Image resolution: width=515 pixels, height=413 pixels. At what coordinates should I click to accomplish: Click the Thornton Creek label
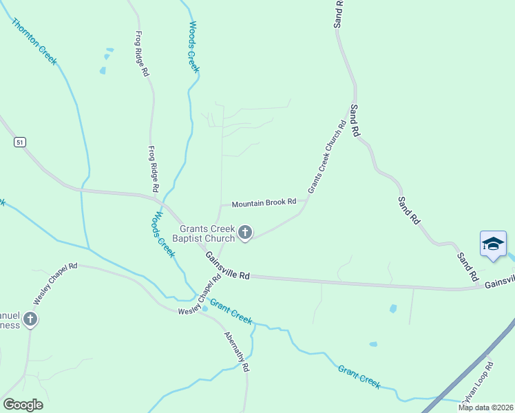34,41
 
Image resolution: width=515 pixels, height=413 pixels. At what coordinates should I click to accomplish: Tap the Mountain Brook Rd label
264,203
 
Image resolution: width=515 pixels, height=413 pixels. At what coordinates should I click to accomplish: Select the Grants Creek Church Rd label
326,157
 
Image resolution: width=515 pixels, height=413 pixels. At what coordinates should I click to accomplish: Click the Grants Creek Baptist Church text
207,234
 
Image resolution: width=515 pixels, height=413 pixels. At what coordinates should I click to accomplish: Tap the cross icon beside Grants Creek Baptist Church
244,234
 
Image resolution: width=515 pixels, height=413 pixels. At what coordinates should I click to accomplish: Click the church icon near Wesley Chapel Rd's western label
30,319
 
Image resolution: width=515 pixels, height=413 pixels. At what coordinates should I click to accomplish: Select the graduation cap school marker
494,244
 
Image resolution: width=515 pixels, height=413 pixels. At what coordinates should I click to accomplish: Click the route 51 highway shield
20,142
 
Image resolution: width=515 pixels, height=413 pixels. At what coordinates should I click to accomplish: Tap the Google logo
23,405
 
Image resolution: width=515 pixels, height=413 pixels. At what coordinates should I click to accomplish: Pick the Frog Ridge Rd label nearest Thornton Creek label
143,54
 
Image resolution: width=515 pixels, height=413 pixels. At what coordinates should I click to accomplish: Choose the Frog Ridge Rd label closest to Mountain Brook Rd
154,169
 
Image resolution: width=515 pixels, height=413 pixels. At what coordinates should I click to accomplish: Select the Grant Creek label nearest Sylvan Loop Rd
359,377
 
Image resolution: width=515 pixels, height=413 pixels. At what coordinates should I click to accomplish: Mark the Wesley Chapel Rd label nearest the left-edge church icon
56,283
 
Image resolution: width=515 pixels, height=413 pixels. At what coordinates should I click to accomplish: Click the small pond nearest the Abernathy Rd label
205,308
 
